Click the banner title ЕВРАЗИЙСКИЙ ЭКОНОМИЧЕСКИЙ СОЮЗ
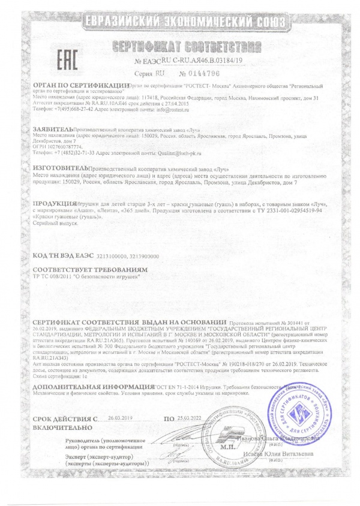point(179,23)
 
